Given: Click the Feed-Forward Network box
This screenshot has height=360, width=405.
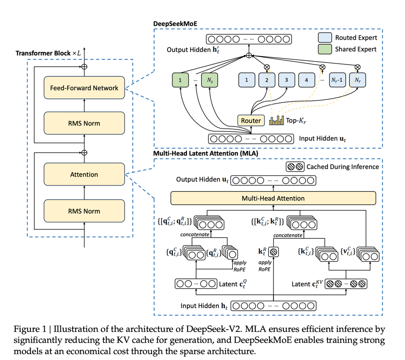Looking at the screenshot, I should click(84, 88).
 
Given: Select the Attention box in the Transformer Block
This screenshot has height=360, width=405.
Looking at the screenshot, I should click(84, 175).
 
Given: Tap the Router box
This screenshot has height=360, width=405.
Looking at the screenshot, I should click(251, 121).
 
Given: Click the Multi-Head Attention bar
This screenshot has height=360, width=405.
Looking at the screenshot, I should click(273, 198).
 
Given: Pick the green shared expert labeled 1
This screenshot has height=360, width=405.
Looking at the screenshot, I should click(180, 79).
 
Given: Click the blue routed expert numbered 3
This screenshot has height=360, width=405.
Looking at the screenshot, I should click(286, 79).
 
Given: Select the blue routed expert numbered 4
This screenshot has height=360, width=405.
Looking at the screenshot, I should click(307, 79).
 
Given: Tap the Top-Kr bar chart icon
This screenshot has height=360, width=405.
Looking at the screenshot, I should click(277, 121).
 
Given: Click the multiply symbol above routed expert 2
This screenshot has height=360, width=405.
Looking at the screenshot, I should click(267, 67).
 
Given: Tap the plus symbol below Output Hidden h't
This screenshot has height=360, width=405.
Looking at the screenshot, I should click(249, 55).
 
